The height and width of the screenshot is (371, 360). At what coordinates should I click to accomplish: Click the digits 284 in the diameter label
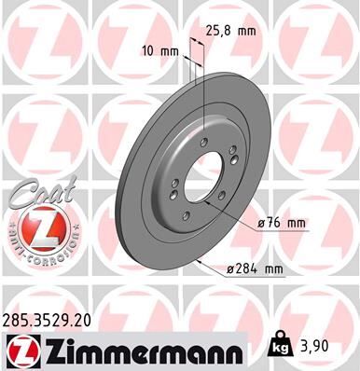point(243,269)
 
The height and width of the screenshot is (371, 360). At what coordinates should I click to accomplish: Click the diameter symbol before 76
point(260,225)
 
